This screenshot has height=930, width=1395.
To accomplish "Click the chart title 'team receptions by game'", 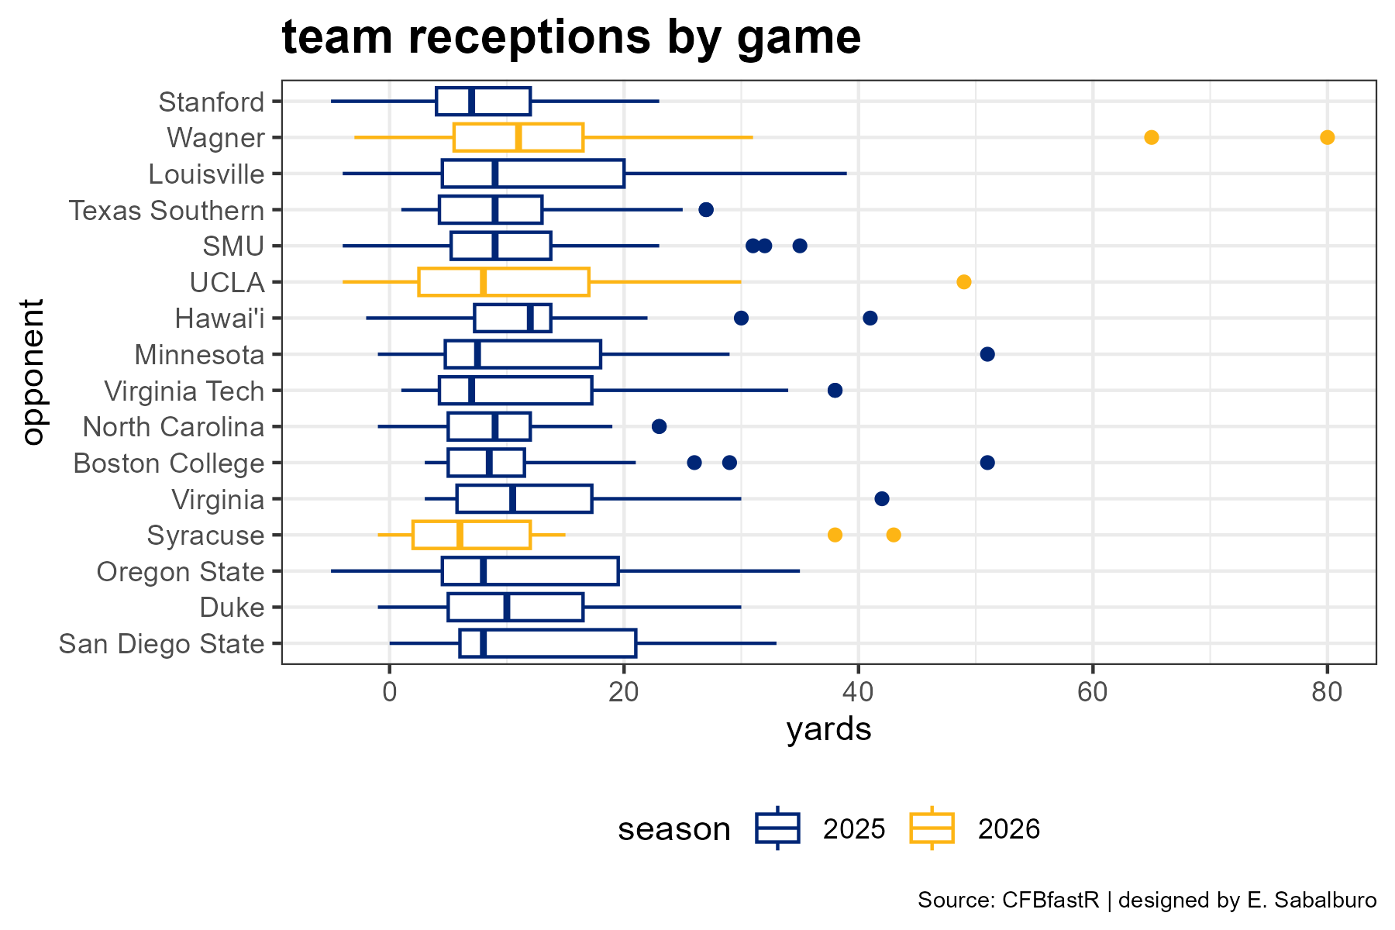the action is (571, 36).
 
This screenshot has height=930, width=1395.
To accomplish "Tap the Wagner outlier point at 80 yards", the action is (1327, 137).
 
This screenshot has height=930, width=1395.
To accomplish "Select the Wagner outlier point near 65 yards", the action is (1151, 137).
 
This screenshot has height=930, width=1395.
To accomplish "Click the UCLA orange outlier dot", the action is (963, 281).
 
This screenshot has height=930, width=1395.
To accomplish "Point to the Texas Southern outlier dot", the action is (706, 209).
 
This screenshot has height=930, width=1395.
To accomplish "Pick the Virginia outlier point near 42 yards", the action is (881, 498).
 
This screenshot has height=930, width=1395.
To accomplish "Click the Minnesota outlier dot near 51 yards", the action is (987, 354).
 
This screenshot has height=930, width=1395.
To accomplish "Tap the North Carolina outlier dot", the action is (659, 426).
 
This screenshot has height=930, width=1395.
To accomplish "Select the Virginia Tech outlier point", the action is (835, 390).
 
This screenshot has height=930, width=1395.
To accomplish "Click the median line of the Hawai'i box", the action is (530, 318).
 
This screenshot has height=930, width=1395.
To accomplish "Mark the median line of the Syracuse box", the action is (460, 535).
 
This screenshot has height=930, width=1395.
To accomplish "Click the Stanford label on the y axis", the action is (211, 102).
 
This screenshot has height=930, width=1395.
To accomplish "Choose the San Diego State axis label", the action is (161, 644).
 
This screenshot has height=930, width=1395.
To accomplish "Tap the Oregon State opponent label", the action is (181, 572).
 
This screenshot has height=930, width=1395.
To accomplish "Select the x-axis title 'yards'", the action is (828, 730).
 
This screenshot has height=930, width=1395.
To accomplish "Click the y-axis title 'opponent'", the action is (33, 372).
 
